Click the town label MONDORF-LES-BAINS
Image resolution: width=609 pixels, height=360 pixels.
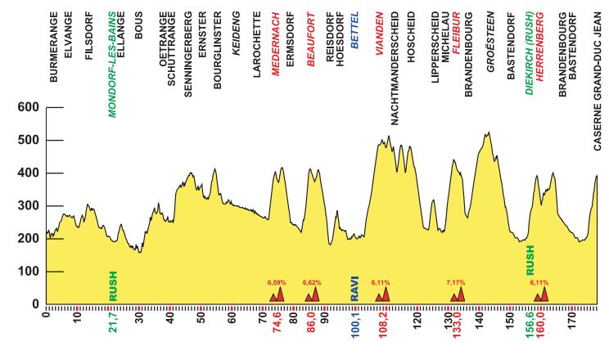pyautogui.click(x=113, y=65)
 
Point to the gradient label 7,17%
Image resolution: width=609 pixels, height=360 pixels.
pyautogui.click(x=456, y=282)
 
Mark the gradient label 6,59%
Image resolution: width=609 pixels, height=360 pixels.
pyautogui.click(x=278, y=282)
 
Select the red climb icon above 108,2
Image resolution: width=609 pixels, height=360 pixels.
pyautogui.click(x=382, y=295)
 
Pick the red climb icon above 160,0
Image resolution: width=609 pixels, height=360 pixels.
pyautogui.click(x=541, y=295)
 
